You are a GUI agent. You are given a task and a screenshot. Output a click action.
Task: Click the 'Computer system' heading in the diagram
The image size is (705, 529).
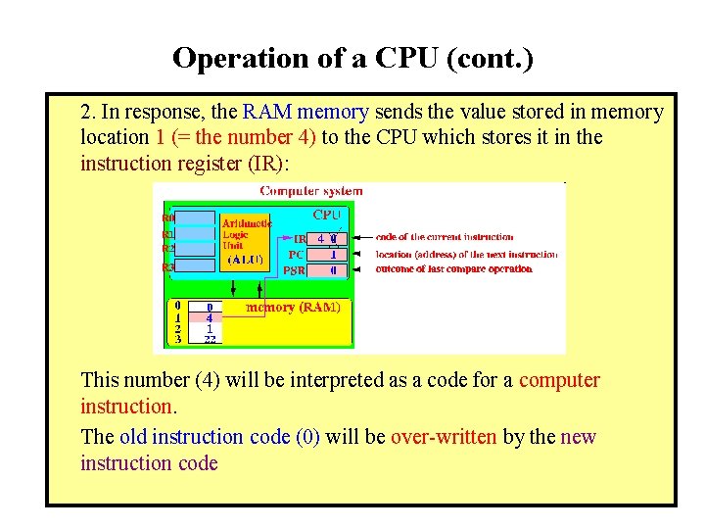310,191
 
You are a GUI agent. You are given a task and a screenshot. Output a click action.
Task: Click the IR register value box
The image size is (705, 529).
327,238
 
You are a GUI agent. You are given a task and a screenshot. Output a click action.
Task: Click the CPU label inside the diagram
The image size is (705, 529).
326,215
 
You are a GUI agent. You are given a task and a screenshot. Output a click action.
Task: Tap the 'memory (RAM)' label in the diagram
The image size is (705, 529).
293,308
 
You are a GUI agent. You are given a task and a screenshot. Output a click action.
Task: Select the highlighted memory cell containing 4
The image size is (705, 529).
209,317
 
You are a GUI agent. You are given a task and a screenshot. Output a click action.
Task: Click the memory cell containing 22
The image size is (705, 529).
209,339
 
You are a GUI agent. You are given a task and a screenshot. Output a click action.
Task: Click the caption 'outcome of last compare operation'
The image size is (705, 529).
453,268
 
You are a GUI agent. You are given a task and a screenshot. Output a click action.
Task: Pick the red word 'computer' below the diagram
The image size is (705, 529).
559,380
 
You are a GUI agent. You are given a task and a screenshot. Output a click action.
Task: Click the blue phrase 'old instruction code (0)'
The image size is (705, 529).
219,437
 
